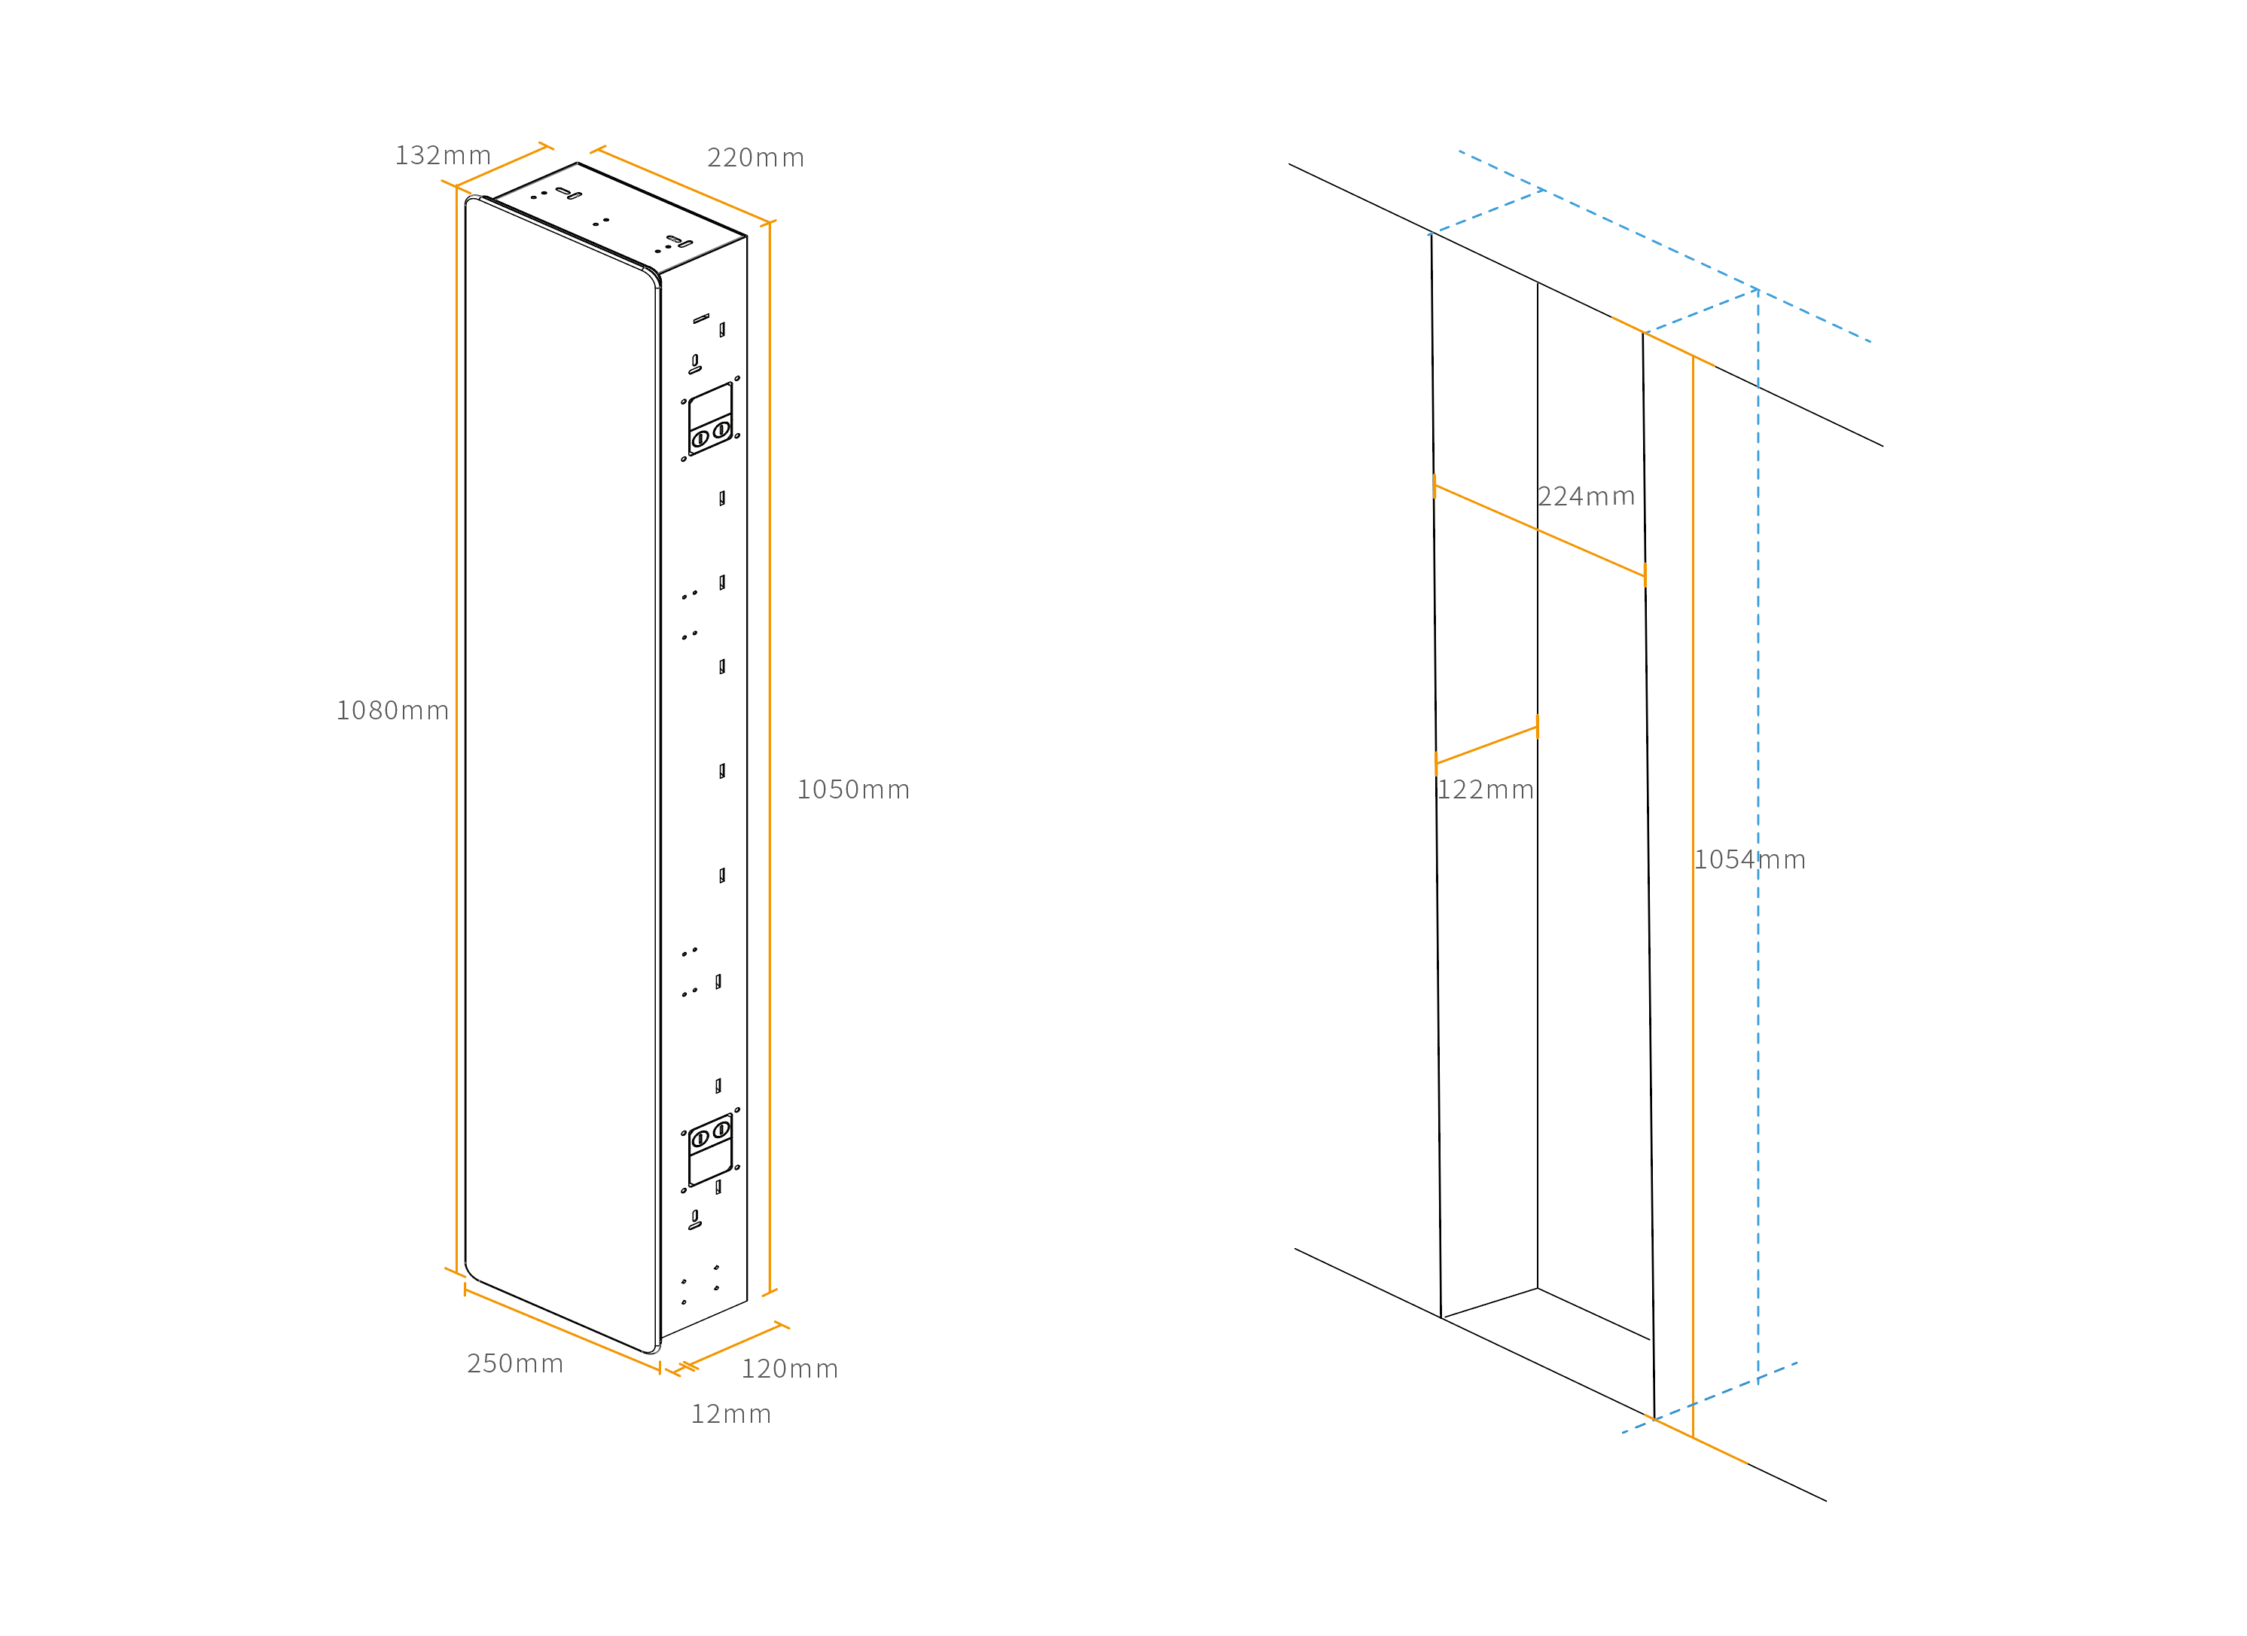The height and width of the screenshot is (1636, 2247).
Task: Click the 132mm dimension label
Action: tap(443, 156)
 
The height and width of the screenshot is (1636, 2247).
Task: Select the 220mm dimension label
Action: tap(756, 157)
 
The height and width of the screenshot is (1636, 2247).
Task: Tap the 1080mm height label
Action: tap(393, 710)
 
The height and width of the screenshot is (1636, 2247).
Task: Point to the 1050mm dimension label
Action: tap(853, 790)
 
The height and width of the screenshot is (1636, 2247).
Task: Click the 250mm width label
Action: tap(515, 1363)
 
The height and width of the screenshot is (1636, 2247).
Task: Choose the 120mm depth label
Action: tap(790, 1369)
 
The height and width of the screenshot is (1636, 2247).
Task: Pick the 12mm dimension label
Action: tap(731, 1414)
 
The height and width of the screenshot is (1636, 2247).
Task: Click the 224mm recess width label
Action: tap(1586, 496)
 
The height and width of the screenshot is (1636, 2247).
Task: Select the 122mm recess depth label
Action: tap(1485, 790)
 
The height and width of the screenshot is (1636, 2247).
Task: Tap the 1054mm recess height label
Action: tap(1750, 860)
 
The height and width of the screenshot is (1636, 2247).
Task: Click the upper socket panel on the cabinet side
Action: tap(710, 419)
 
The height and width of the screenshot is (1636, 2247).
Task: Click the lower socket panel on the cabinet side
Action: tap(710, 1149)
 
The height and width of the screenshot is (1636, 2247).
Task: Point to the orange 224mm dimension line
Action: tap(1540, 531)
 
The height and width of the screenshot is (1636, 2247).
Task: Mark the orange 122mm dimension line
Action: tap(1486, 745)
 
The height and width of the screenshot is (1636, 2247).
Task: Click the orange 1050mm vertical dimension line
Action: tap(770, 758)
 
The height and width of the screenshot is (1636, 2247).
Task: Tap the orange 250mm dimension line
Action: tap(563, 1329)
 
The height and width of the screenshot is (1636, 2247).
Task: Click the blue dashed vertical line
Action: tap(1758, 835)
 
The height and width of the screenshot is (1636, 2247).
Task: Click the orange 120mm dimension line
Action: tap(734, 1346)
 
